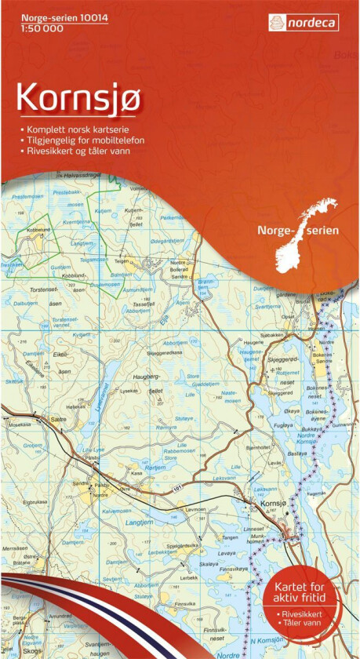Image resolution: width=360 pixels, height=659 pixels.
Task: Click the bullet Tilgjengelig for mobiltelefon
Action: [x=82, y=139]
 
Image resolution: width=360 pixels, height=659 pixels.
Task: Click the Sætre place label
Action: [x=57, y=420]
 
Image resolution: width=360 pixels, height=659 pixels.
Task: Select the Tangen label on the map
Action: [x=229, y=537]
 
